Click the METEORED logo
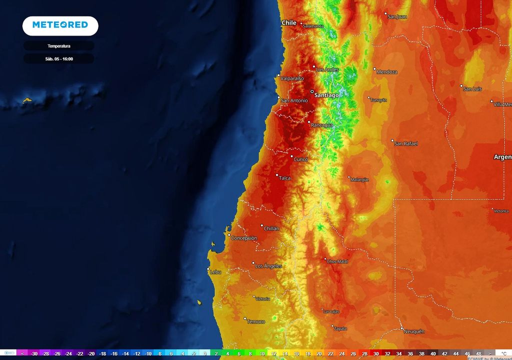tap(60, 25)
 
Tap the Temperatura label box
tap(58, 46)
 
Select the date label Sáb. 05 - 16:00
tap(58, 58)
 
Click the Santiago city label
tap(326, 94)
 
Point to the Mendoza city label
tap(387, 72)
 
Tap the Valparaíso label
tap(292, 78)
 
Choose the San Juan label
tap(397, 16)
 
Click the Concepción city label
tap(244, 238)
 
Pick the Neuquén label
tap(414, 331)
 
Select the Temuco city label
tap(256, 321)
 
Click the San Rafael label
tap(406, 143)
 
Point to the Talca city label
tap(284, 178)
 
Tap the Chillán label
tap(272, 228)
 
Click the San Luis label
tap(472, 89)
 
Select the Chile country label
tap(289, 22)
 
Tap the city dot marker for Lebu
tap(208, 269)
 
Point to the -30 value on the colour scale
tap(34, 353)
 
